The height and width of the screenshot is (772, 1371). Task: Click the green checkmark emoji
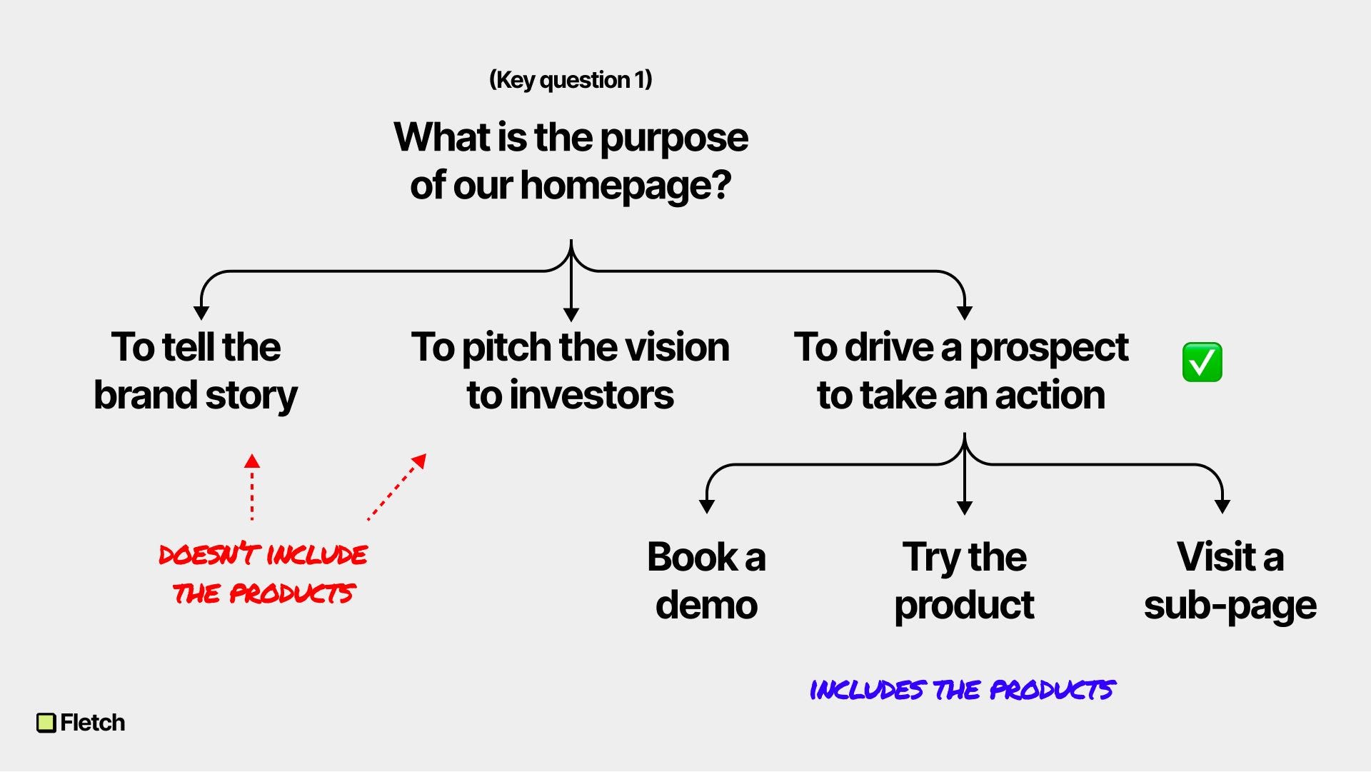pyautogui.click(x=1202, y=362)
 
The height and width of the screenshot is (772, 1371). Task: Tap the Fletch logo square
pyautogui.click(x=46, y=723)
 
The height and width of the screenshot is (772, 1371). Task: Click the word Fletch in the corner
pyautogui.click(x=93, y=723)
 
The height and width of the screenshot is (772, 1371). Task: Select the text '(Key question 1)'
pyautogui.click(x=571, y=79)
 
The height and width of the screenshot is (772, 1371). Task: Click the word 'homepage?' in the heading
pyautogui.click(x=626, y=186)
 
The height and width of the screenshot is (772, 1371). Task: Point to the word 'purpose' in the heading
pyautogui.click(x=674, y=138)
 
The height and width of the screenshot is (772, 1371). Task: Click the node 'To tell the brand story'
pyautogui.click(x=196, y=371)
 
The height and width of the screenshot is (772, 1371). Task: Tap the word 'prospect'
pyautogui.click(x=1048, y=348)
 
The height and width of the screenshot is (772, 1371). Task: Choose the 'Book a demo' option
pyautogui.click(x=706, y=580)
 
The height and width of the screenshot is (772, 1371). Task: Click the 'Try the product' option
pyautogui.click(x=964, y=580)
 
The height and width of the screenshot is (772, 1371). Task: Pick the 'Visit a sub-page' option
pyautogui.click(x=1230, y=580)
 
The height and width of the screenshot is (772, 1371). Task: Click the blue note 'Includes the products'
pyautogui.click(x=962, y=690)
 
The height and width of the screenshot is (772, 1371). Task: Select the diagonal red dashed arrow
pyautogui.click(x=397, y=487)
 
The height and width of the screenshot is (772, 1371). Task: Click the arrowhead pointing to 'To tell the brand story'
pyautogui.click(x=201, y=313)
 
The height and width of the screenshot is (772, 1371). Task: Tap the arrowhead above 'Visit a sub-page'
pyautogui.click(x=1222, y=506)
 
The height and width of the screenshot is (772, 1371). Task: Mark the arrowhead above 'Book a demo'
pyautogui.click(x=707, y=506)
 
